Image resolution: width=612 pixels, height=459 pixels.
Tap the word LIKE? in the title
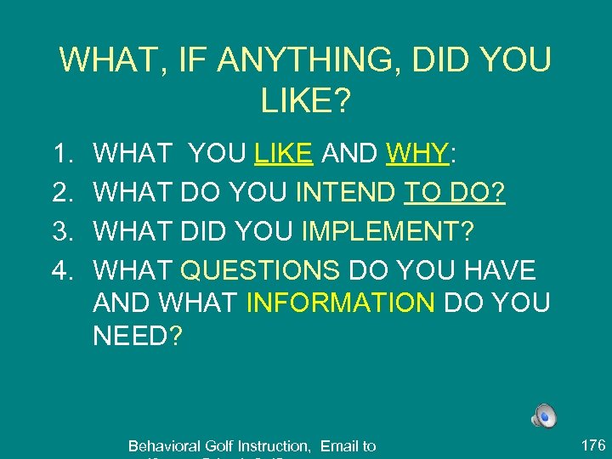306,101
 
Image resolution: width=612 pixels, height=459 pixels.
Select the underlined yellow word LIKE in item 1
285,154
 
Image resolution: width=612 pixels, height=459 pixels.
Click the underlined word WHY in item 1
416,154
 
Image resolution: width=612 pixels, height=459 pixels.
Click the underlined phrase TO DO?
455,193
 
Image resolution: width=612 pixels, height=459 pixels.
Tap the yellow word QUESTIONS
260,271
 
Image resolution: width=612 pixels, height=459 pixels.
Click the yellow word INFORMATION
340,302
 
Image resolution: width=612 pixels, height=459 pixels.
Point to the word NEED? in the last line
138,335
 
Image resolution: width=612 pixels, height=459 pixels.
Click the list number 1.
61,154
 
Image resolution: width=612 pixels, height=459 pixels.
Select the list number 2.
61,193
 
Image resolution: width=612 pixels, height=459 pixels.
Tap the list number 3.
61,232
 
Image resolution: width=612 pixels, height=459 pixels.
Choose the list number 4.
61,271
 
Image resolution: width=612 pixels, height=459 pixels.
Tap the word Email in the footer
337,445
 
